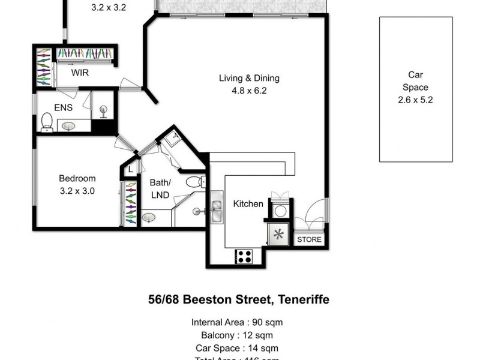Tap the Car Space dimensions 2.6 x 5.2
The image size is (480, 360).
coord(415,100)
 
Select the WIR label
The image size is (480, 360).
coord(80,73)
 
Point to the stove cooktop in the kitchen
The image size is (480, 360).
coord(244,256)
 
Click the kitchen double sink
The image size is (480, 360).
coord(216,210)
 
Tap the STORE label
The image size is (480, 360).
coord(310,239)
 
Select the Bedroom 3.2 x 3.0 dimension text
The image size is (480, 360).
coord(77,191)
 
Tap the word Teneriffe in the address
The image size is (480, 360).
coord(300,299)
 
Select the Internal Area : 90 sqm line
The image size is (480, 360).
coord(236,322)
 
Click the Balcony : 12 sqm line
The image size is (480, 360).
coord(236,335)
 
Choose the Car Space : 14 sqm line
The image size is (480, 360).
coord(236,348)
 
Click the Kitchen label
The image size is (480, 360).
coord(248,204)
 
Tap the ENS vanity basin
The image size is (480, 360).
coord(67,126)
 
